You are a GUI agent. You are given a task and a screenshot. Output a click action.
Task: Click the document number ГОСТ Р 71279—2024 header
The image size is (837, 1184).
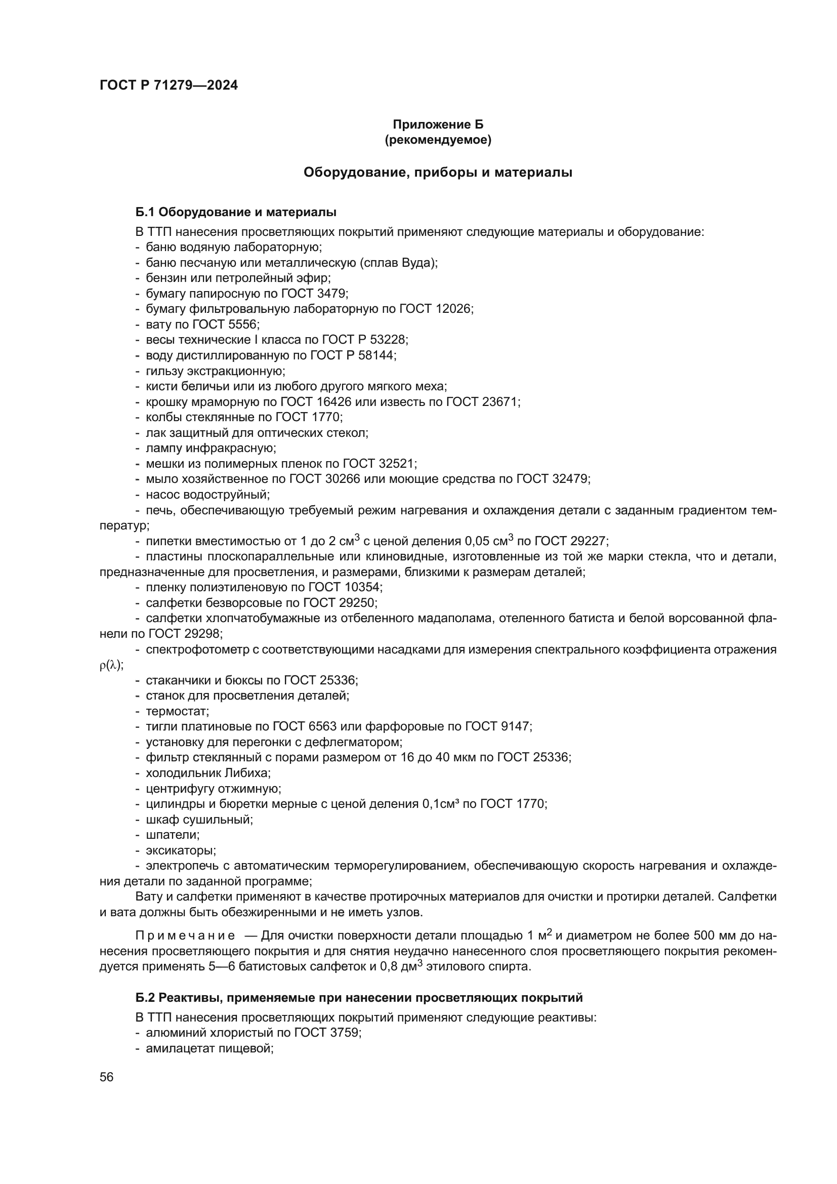click(x=169, y=86)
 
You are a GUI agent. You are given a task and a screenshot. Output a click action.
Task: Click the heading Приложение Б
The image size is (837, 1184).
click(x=438, y=125)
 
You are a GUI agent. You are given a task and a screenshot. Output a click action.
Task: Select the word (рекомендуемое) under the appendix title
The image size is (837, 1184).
click(x=438, y=140)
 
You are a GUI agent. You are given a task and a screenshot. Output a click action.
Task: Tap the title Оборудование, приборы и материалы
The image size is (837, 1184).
click(x=438, y=172)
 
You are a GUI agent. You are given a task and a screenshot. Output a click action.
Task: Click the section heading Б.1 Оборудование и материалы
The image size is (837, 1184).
click(x=236, y=212)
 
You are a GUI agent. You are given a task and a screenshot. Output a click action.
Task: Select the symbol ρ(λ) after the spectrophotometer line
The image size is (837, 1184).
click(x=111, y=665)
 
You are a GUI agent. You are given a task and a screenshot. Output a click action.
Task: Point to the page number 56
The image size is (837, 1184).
click(x=107, y=1077)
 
